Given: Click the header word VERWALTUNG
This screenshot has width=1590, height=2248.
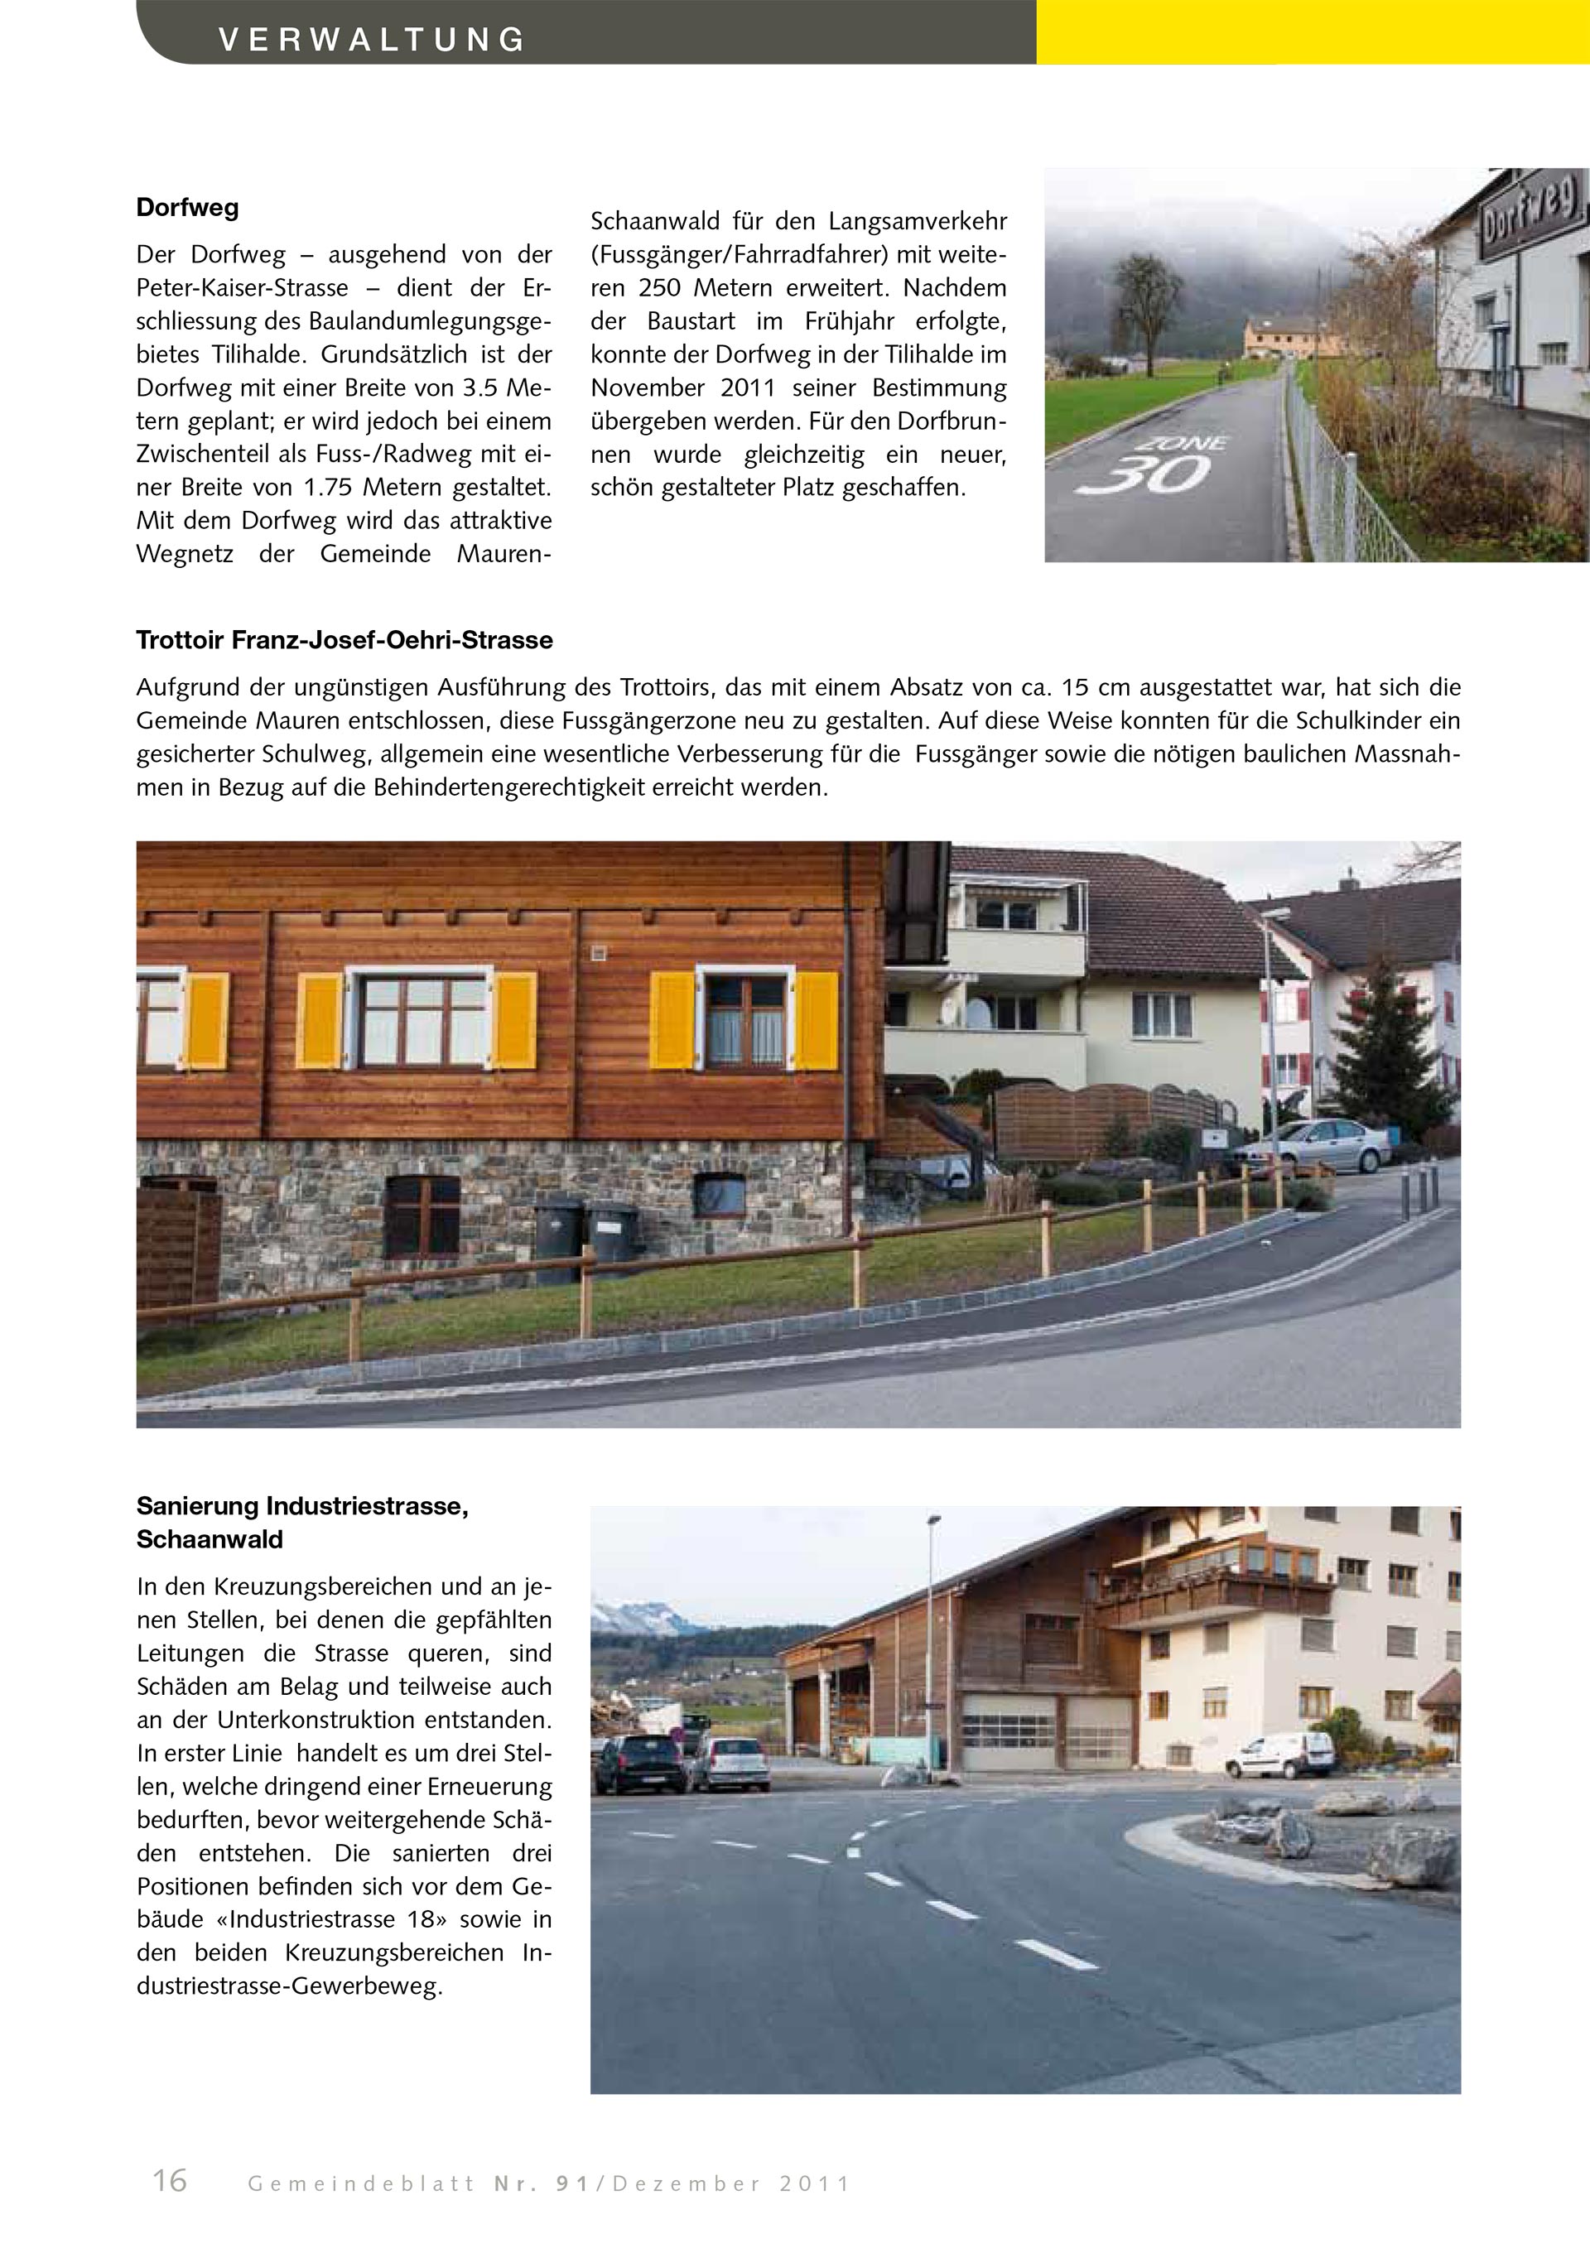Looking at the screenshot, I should [x=372, y=40].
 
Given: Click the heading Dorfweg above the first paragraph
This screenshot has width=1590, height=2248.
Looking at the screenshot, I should [x=187, y=208].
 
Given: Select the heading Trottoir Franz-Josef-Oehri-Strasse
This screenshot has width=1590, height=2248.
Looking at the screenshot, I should [x=344, y=640].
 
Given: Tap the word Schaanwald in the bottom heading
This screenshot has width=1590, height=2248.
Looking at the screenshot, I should [x=210, y=1539].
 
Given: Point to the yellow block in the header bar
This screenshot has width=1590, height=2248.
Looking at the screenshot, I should [x=1312, y=31].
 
